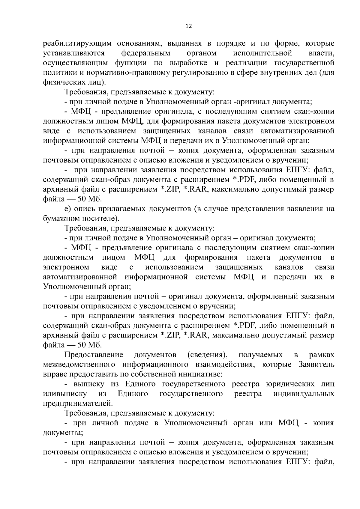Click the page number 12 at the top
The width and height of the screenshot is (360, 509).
pyautogui.click(x=189, y=26)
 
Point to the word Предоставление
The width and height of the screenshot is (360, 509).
pyautogui.click(x=94, y=355)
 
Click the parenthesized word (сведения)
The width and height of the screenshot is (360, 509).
pyautogui.click(x=207, y=355)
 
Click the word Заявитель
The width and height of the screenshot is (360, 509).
pyautogui.click(x=316, y=365)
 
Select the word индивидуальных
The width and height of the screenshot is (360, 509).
pyautogui.click(x=304, y=394)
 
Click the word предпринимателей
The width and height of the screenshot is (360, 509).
pyautogui.click(x=78, y=403)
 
